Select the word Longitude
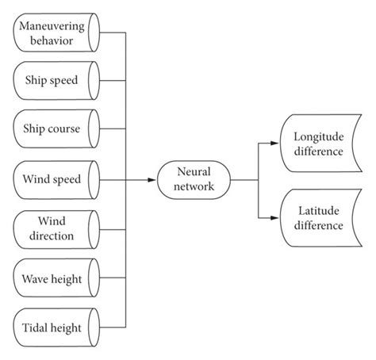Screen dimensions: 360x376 coord(317,136)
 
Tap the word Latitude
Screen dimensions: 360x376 coord(317,212)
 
